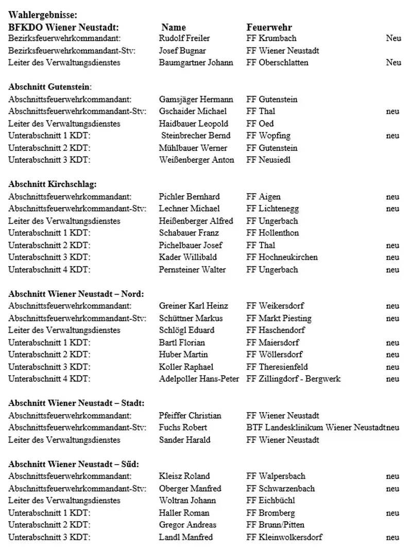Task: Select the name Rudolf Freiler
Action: point(184,38)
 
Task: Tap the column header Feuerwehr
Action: point(269,27)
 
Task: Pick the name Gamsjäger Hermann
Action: point(196,99)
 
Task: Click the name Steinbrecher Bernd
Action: point(196,136)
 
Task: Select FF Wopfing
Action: point(268,136)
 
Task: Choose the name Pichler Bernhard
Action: point(189,197)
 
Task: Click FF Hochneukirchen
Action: point(282,258)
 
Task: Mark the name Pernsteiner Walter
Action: point(192,270)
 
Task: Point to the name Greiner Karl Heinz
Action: point(193,306)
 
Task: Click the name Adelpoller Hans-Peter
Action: point(199,379)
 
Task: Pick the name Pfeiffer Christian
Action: point(190,416)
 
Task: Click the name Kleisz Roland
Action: point(184,476)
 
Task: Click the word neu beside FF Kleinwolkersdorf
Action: point(392,537)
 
